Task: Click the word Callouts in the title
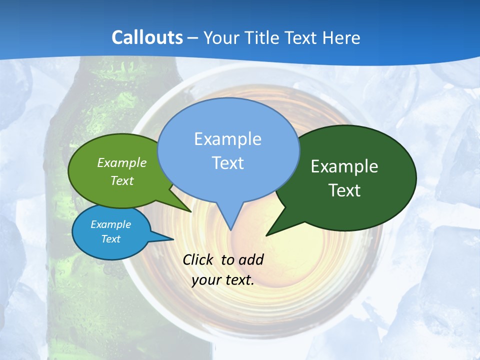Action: pyautogui.click(x=147, y=37)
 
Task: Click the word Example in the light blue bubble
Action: pyautogui.click(x=227, y=139)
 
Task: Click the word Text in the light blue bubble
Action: pyautogui.click(x=227, y=163)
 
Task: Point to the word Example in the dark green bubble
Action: pyautogui.click(x=344, y=166)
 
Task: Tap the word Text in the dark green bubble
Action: pyautogui.click(x=344, y=190)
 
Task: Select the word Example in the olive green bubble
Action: pyautogui.click(x=122, y=162)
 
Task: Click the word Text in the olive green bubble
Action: pyautogui.click(x=122, y=180)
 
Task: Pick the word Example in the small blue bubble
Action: pyautogui.click(x=110, y=224)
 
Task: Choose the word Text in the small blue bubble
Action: pyautogui.click(x=110, y=239)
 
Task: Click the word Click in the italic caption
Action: pyautogui.click(x=199, y=259)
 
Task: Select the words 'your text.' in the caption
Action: pyautogui.click(x=223, y=279)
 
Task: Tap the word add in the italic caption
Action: pyautogui.click(x=251, y=259)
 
